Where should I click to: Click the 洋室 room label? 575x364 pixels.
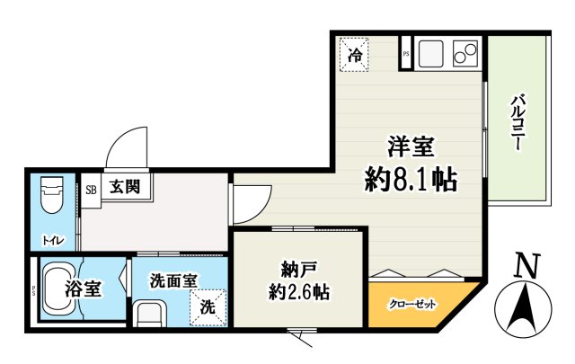click(411, 146)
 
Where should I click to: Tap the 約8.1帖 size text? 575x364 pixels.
click(411, 180)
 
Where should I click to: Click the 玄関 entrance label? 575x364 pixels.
click(125, 188)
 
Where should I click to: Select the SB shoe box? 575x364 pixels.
click(91, 190)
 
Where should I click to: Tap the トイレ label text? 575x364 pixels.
click(53, 240)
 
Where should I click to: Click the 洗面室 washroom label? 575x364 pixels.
click(173, 280)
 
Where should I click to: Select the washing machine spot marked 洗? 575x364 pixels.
click(208, 306)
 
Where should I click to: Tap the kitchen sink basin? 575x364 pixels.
click(431, 53)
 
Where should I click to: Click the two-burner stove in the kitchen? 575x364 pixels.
click(465, 53)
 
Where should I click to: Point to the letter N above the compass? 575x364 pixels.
click(526, 266)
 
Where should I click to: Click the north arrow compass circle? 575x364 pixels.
click(525, 307)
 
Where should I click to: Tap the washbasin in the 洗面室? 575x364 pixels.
click(149, 314)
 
